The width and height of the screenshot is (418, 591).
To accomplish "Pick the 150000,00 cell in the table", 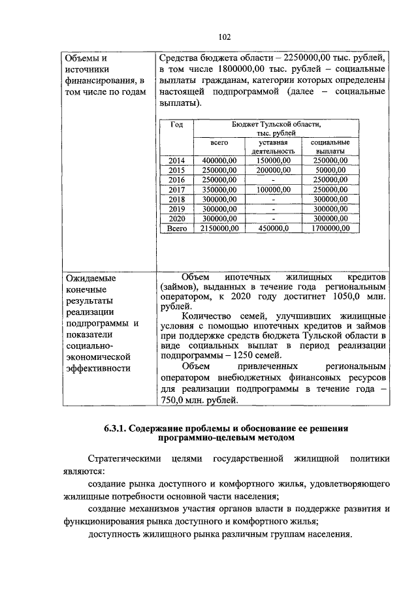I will coord(274,161).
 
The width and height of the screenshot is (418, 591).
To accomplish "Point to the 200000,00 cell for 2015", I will coord(274,170).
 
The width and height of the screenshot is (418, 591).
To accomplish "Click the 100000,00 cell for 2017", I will coord(274,189).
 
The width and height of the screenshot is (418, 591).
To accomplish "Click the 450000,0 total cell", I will coord(274,229).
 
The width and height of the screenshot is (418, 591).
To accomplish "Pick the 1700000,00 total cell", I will coord(329,229).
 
